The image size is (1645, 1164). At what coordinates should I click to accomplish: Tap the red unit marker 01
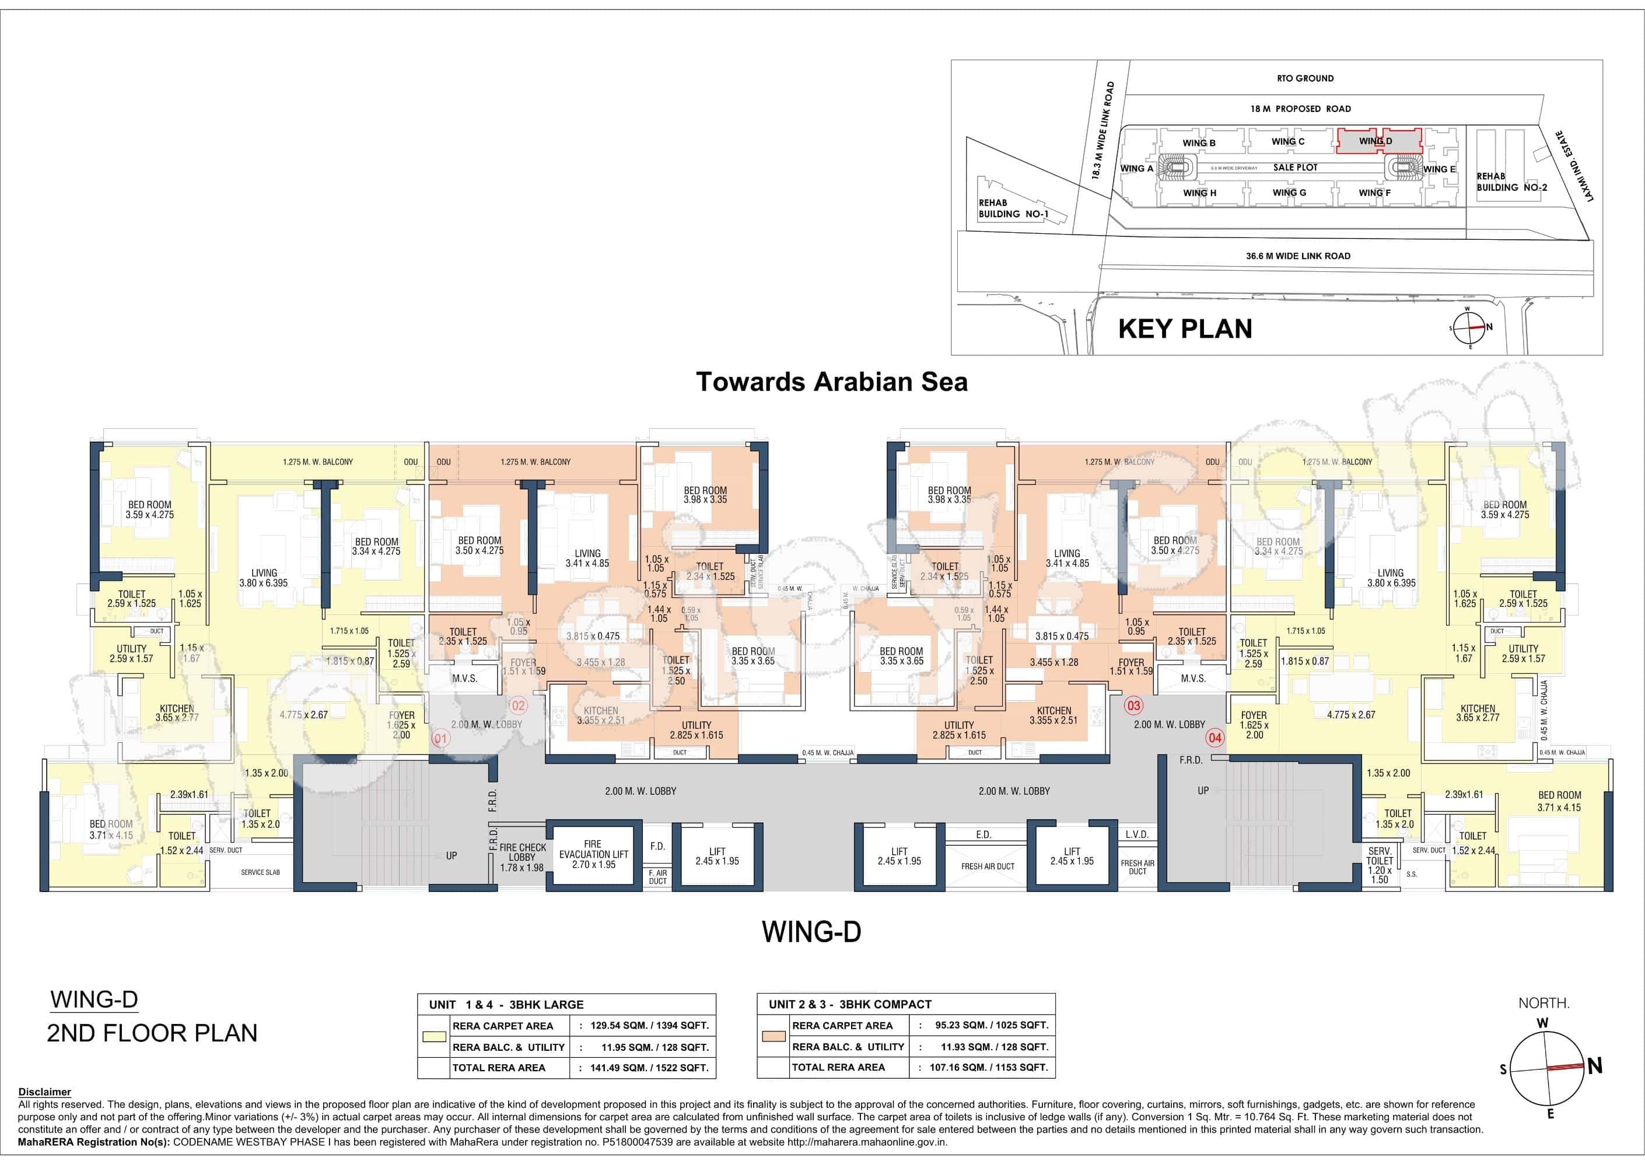pos(440,738)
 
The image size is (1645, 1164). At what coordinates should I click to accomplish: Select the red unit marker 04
pos(1214,737)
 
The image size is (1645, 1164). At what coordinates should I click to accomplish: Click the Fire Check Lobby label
pos(522,857)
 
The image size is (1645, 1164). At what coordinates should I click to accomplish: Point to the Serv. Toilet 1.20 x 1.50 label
pos(1379,865)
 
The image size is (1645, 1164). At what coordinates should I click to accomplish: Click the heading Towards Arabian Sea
pos(831,382)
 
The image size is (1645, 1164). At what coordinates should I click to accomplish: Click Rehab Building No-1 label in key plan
pos(1008,208)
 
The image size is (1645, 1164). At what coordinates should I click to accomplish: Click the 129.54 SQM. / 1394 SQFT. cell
pos(645,1026)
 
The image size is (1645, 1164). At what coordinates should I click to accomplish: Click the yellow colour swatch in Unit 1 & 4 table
pos(433,1036)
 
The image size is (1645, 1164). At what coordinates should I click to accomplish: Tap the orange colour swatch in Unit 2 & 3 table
pos(773,1036)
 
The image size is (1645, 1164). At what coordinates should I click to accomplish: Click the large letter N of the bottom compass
pos(1595,1067)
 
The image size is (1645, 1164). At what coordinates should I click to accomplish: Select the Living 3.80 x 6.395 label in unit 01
pos(264,578)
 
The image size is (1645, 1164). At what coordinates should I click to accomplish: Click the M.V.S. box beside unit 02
pos(465,678)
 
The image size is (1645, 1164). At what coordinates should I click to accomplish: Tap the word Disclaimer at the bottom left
pos(44,1092)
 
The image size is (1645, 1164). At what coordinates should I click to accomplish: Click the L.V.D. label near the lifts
pos(1137,834)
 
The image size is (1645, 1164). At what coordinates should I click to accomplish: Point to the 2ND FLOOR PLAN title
pos(152,1033)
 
